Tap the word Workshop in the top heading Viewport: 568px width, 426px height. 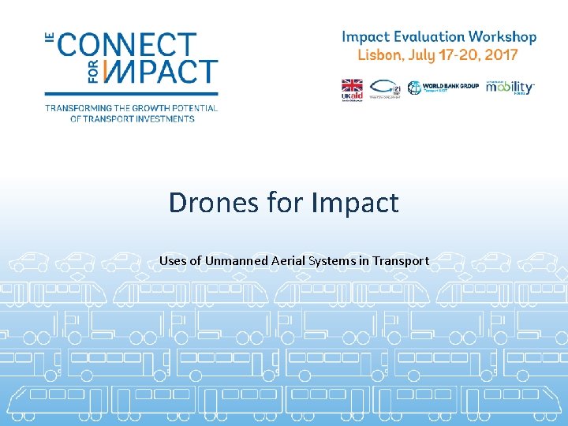pyautogui.click(x=502, y=36)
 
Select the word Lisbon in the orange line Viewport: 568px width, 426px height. pyautogui.click(x=377, y=54)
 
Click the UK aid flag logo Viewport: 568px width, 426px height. pyautogui.click(x=350, y=88)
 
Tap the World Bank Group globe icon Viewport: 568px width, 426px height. pyautogui.click(x=415, y=88)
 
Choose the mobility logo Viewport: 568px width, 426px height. pyautogui.click(x=509, y=87)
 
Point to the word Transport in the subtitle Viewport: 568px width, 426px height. pyautogui.click(x=401, y=260)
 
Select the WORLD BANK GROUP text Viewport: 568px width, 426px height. pyautogui.click(x=450, y=86)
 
